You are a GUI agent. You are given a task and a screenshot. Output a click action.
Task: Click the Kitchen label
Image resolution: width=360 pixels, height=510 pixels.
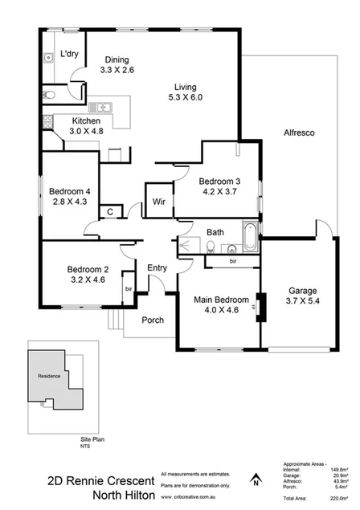click(x=64, y=120)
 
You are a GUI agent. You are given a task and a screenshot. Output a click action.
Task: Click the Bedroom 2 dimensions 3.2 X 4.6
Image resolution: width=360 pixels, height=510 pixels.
click(x=87, y=280)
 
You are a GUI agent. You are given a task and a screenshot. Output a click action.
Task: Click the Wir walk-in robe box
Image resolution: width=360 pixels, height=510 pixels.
click(x=155, y=201)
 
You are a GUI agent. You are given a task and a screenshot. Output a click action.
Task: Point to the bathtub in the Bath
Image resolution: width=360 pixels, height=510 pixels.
click(x=249, y=237)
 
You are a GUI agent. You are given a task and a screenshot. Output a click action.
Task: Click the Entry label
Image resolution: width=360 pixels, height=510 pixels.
click(x=157, y=268)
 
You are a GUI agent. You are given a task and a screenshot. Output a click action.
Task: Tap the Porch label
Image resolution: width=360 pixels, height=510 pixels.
click(x=153, y=320)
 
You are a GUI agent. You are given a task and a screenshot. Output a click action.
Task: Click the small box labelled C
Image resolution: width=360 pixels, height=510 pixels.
click(x=109, y=211)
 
